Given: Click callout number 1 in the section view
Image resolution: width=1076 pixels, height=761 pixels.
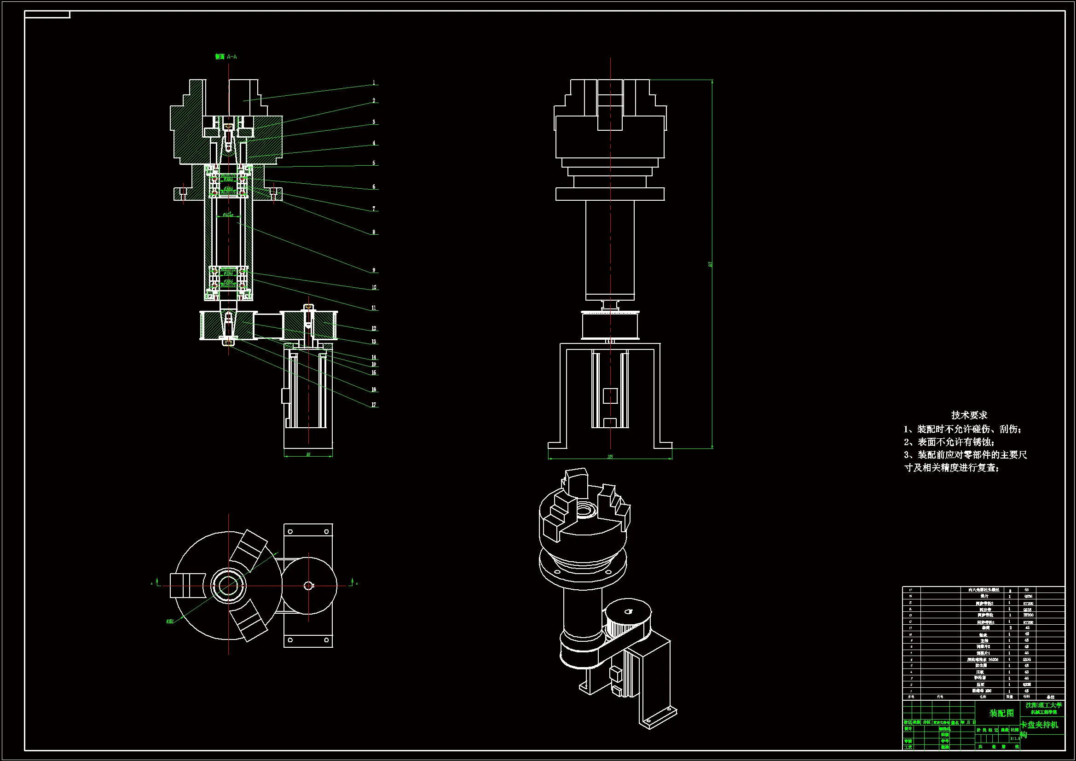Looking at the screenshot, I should [374, 83].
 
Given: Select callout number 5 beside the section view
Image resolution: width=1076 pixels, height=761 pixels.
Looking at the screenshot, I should [374, 163].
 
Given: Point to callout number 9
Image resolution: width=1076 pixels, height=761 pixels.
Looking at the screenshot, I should [374, 270].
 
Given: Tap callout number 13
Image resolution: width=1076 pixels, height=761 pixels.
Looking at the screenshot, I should [374, 342].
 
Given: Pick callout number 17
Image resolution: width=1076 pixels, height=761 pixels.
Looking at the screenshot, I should [374, 405].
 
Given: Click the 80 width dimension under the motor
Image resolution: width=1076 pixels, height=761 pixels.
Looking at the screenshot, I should [308, 454].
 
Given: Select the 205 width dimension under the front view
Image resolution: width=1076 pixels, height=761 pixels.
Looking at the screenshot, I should [610, 456].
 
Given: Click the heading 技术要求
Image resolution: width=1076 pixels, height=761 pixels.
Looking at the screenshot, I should [969, 415].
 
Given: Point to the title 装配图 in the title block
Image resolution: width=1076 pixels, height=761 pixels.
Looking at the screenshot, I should [1001, 713].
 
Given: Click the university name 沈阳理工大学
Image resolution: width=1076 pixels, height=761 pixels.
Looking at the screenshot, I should [1044, 705].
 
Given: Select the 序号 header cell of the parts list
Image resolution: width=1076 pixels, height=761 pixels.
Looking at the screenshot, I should [911, 697].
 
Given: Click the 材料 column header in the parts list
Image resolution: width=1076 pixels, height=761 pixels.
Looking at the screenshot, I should [1026, 697].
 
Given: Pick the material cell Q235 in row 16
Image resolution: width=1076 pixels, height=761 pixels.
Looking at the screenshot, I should [1028, 597].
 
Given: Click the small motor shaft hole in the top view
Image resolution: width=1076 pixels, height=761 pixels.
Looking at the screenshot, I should [308, 585].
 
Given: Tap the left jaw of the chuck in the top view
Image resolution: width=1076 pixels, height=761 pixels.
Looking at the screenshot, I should [187, 585].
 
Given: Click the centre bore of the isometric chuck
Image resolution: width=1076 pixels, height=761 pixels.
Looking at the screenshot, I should [584, 509].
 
